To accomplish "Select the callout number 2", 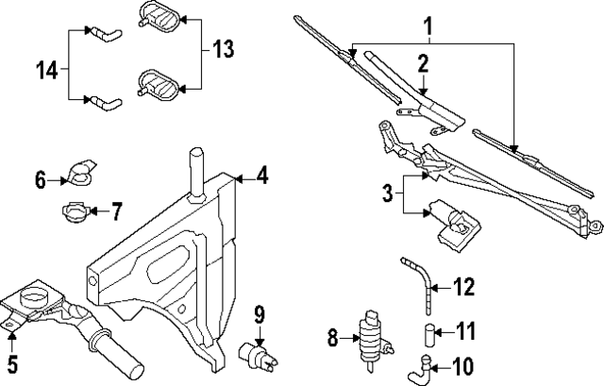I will coord(424,63).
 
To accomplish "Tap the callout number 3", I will coord(387,195).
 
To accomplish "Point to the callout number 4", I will coord(262,176).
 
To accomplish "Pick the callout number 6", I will coord(40,177).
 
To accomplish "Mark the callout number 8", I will coord(332,335).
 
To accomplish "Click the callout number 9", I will coord(260,311).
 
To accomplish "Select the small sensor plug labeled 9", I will coord(258,352).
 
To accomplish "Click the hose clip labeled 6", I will coord(80,175).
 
